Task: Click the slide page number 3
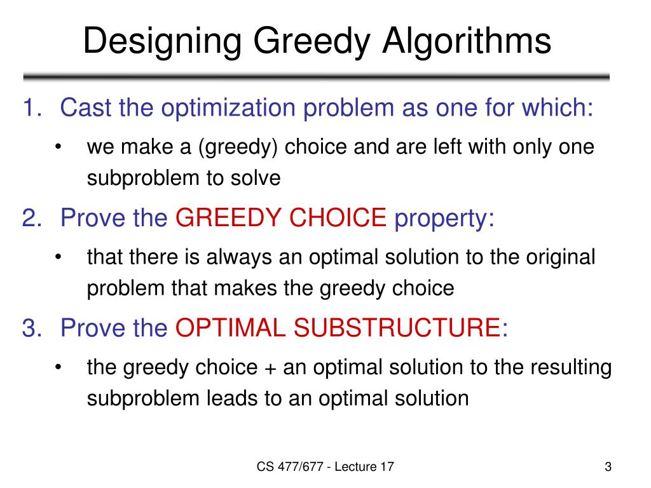pyautogui.click(x=608, y=468)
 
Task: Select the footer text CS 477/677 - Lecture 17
pyautogui.click(x=325, y=468)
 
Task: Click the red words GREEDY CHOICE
pyautogui.click(x=281, y=219)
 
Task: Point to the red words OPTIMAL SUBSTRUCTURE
pyautogui.click(x=338, y=328)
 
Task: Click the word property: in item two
pyautogui.click(x=444, y=219)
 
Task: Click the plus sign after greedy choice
pyautogui.click(x=268, y=368)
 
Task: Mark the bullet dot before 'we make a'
pyautogui.click(x=58, y=148)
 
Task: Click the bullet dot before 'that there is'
pyautogui.click(x=58, y=258)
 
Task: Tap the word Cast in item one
pyautogui.click(x=86, y=108)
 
